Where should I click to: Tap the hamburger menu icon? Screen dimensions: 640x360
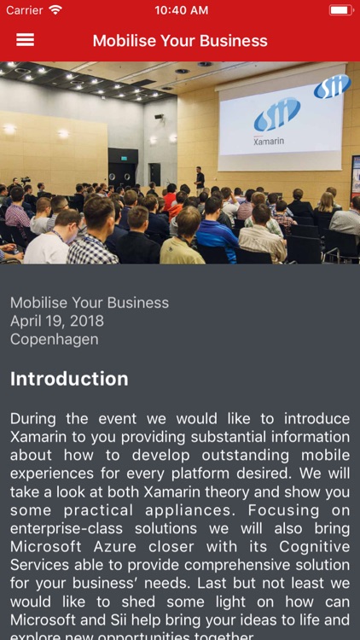point(25,40)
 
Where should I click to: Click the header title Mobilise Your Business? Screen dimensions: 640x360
point(180,41)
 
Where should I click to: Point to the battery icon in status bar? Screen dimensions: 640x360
point(340,10)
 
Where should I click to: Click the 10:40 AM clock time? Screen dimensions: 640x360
point(181,10)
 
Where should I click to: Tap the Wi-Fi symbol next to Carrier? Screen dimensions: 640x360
point(55,10)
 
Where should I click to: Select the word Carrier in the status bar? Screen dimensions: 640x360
point(24,10)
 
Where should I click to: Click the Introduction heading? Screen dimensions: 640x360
point(69,379)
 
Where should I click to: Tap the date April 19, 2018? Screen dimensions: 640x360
point(57,321)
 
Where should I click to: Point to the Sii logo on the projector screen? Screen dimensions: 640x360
point(276,113)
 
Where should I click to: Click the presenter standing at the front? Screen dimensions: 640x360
point(200,177)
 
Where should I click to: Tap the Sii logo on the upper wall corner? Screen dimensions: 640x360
point(332,86)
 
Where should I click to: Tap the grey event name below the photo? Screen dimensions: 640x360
point(90,303)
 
